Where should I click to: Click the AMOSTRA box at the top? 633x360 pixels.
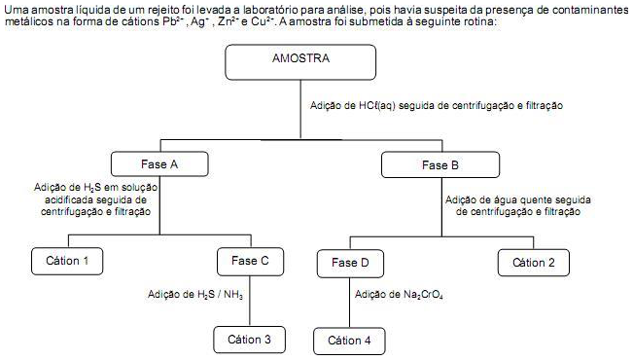[300, 63]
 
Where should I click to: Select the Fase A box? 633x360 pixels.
[159, 165]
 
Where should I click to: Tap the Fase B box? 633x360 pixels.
[440, 165]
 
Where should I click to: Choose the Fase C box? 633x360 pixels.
[250, 261]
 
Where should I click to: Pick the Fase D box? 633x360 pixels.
[350, 264]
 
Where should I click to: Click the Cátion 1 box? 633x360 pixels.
[67, 261]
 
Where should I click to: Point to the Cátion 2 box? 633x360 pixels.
[534, 262]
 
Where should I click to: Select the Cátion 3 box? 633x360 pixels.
[250, 340]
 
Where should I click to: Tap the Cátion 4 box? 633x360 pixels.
[349, 341]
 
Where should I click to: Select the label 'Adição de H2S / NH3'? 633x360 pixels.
[195, 294]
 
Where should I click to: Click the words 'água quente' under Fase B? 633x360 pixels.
[521, 200]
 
